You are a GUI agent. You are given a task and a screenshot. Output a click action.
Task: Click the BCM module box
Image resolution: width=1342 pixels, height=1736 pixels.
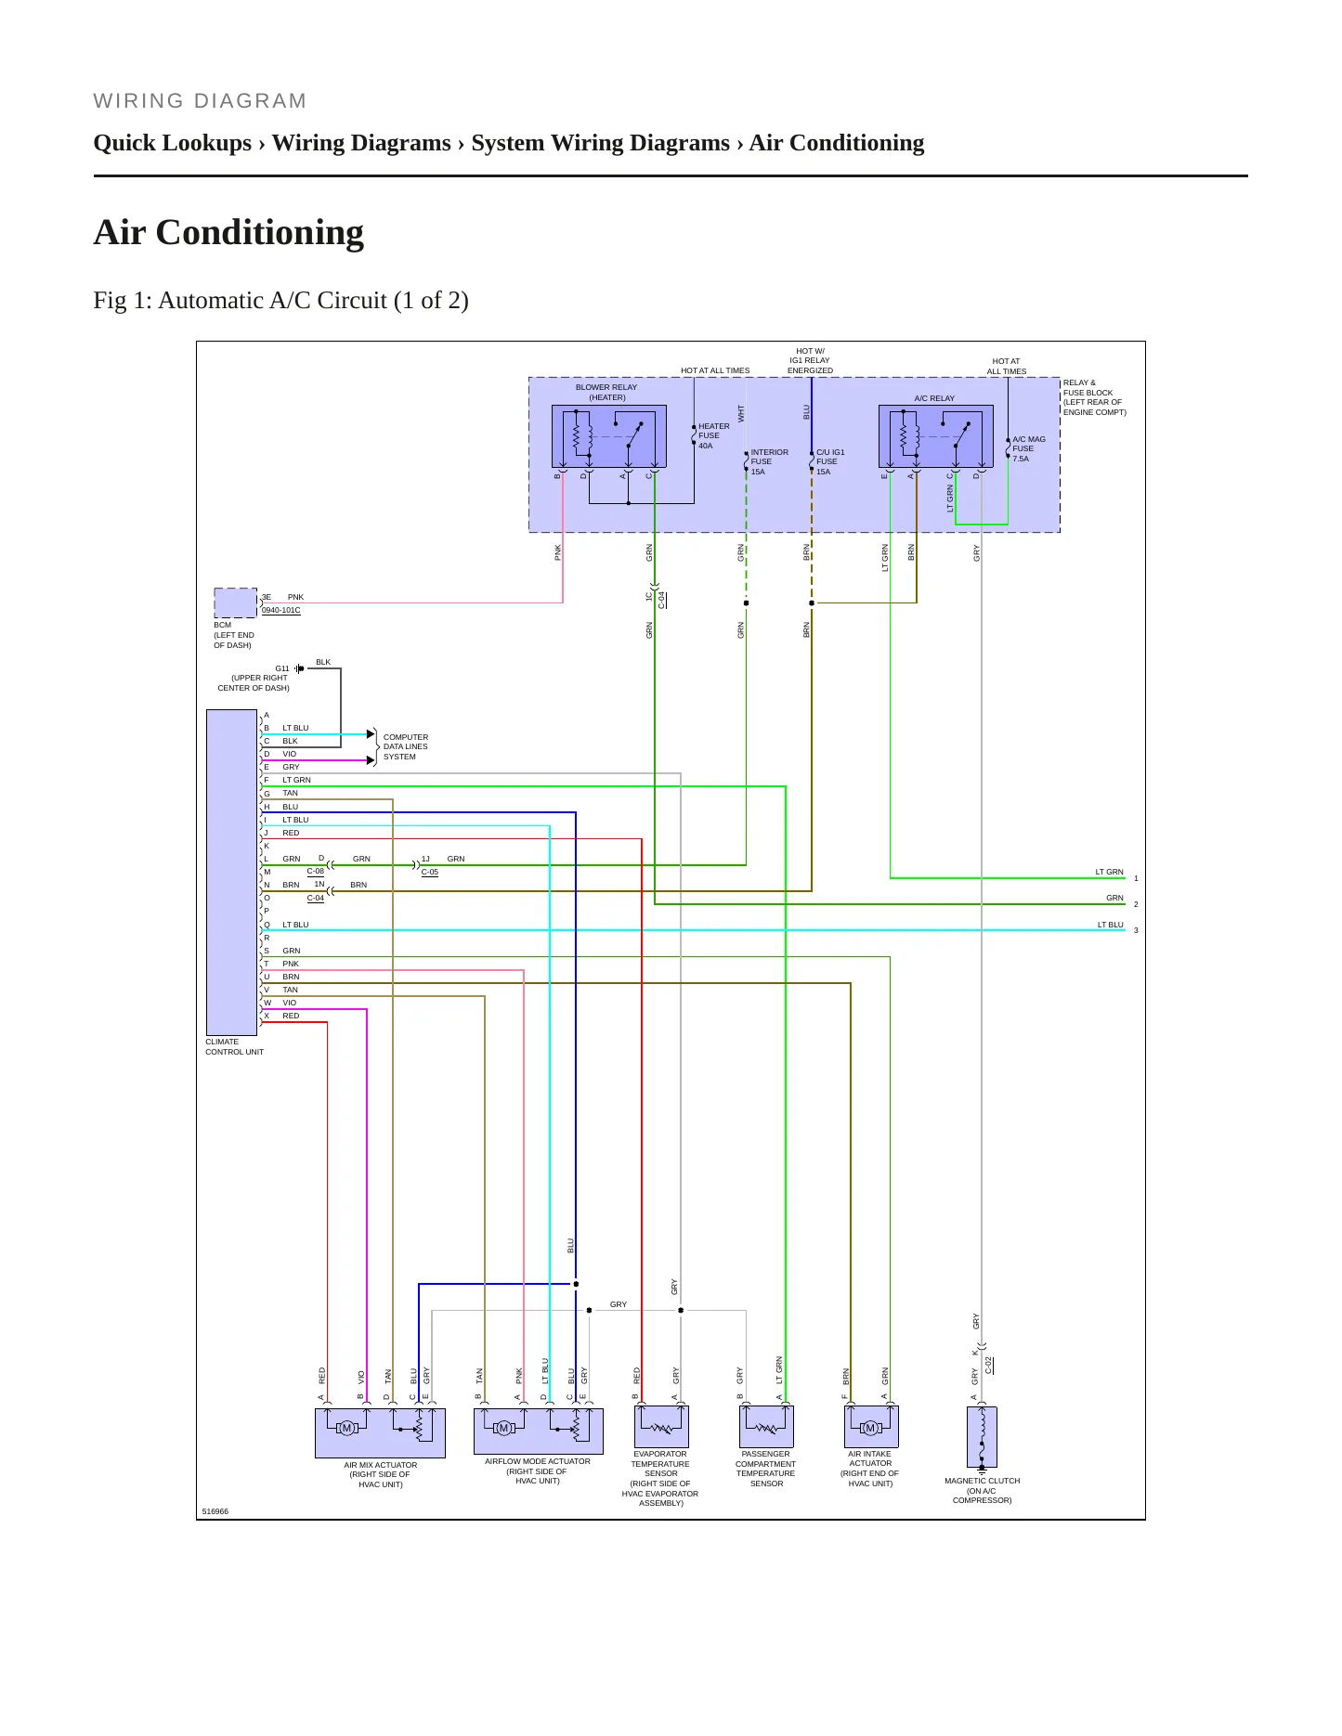tap(236, 603)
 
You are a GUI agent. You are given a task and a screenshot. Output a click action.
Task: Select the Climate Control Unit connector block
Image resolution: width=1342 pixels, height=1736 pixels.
tap(231, 873)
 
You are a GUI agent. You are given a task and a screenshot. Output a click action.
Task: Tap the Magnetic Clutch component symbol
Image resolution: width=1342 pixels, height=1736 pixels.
tap(982, 1438)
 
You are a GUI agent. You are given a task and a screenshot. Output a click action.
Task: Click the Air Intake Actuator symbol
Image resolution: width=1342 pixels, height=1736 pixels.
tap(871, 1427)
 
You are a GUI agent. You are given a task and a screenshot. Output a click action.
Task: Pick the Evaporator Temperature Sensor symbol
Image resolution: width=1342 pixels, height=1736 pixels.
tap(661, 1427)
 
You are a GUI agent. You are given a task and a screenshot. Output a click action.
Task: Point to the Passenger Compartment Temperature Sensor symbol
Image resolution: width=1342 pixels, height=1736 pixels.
tap(766, 1427)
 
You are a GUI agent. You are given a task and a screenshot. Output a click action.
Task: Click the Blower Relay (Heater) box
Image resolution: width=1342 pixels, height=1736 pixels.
tap(609, 436)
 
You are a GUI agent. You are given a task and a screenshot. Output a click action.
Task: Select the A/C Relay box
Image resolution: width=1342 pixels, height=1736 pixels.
tap(936, 436)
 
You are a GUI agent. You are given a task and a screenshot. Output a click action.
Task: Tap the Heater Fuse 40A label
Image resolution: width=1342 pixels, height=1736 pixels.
tap(714, 436)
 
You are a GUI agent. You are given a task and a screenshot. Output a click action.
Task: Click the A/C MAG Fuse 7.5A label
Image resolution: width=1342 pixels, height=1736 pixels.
tap(1029, 449)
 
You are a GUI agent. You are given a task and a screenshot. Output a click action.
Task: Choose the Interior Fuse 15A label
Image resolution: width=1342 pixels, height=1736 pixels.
tap(769, 462)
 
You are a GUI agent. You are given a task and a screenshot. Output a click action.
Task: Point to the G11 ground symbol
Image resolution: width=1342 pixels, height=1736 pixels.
tap(299, 668)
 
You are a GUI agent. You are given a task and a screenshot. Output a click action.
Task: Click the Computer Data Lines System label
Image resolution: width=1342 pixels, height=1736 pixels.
tap(406, 747)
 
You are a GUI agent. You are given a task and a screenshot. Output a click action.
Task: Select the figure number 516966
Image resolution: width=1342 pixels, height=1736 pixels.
tap(215, 1511)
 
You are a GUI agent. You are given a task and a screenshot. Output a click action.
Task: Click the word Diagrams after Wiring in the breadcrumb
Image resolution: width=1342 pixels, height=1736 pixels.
tap(403, 143)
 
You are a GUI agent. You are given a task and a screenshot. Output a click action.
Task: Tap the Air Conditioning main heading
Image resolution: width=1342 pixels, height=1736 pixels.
tap(228, 232)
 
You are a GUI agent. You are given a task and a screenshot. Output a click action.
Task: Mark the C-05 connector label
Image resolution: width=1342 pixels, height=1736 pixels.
tap(430, 873)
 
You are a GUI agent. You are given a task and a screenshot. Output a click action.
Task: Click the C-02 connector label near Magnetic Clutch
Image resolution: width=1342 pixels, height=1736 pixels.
tap(989, 1366)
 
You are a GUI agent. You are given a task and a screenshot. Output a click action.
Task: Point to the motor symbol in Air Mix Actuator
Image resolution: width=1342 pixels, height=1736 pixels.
tap(347, 1428)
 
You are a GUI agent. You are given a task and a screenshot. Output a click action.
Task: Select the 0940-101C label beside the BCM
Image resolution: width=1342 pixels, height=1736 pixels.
tap(281, 611)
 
